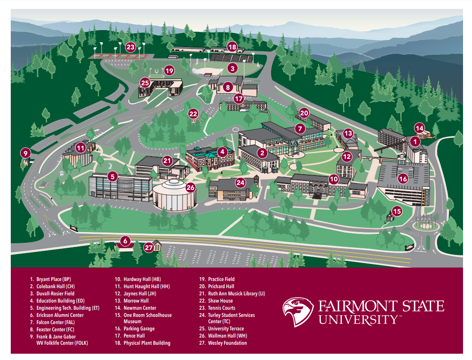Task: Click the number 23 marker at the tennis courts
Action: (131, 47)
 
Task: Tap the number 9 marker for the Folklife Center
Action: (26, 153)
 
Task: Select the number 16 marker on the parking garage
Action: (403, 179)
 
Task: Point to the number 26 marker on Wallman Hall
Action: (191, 187)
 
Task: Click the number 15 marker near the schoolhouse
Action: (397, 211)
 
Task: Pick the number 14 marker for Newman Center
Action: (419, 128)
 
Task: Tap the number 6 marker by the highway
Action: (125, 241)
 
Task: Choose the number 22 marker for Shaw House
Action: (193, 114)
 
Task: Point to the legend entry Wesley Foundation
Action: (227, 343)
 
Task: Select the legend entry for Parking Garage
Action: (139, 329)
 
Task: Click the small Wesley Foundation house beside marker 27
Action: (157, 245)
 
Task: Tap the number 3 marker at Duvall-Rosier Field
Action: (232, 68)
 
